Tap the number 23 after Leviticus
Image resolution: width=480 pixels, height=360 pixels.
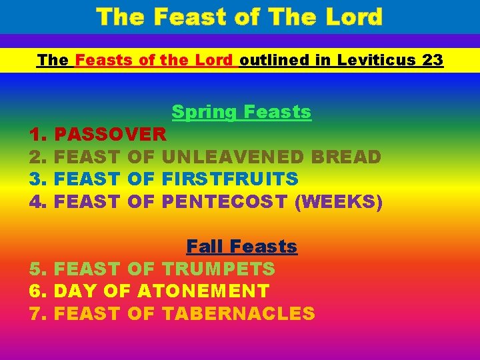(433, 60)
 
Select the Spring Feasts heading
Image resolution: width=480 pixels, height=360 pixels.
(241, 111)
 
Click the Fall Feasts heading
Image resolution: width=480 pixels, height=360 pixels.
(241, 247)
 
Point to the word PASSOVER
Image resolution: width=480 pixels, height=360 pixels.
(110, 135)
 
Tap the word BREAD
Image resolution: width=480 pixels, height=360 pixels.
(346, 157)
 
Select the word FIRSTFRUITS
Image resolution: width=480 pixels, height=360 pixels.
(230, 179)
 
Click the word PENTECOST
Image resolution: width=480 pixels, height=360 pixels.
(225, 201)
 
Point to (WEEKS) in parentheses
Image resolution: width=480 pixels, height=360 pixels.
(339, 201)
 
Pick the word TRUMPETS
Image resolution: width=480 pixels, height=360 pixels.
(218, 269)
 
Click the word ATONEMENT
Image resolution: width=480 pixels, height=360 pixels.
(203, 291)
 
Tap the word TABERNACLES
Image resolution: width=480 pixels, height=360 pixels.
(238, 313)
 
